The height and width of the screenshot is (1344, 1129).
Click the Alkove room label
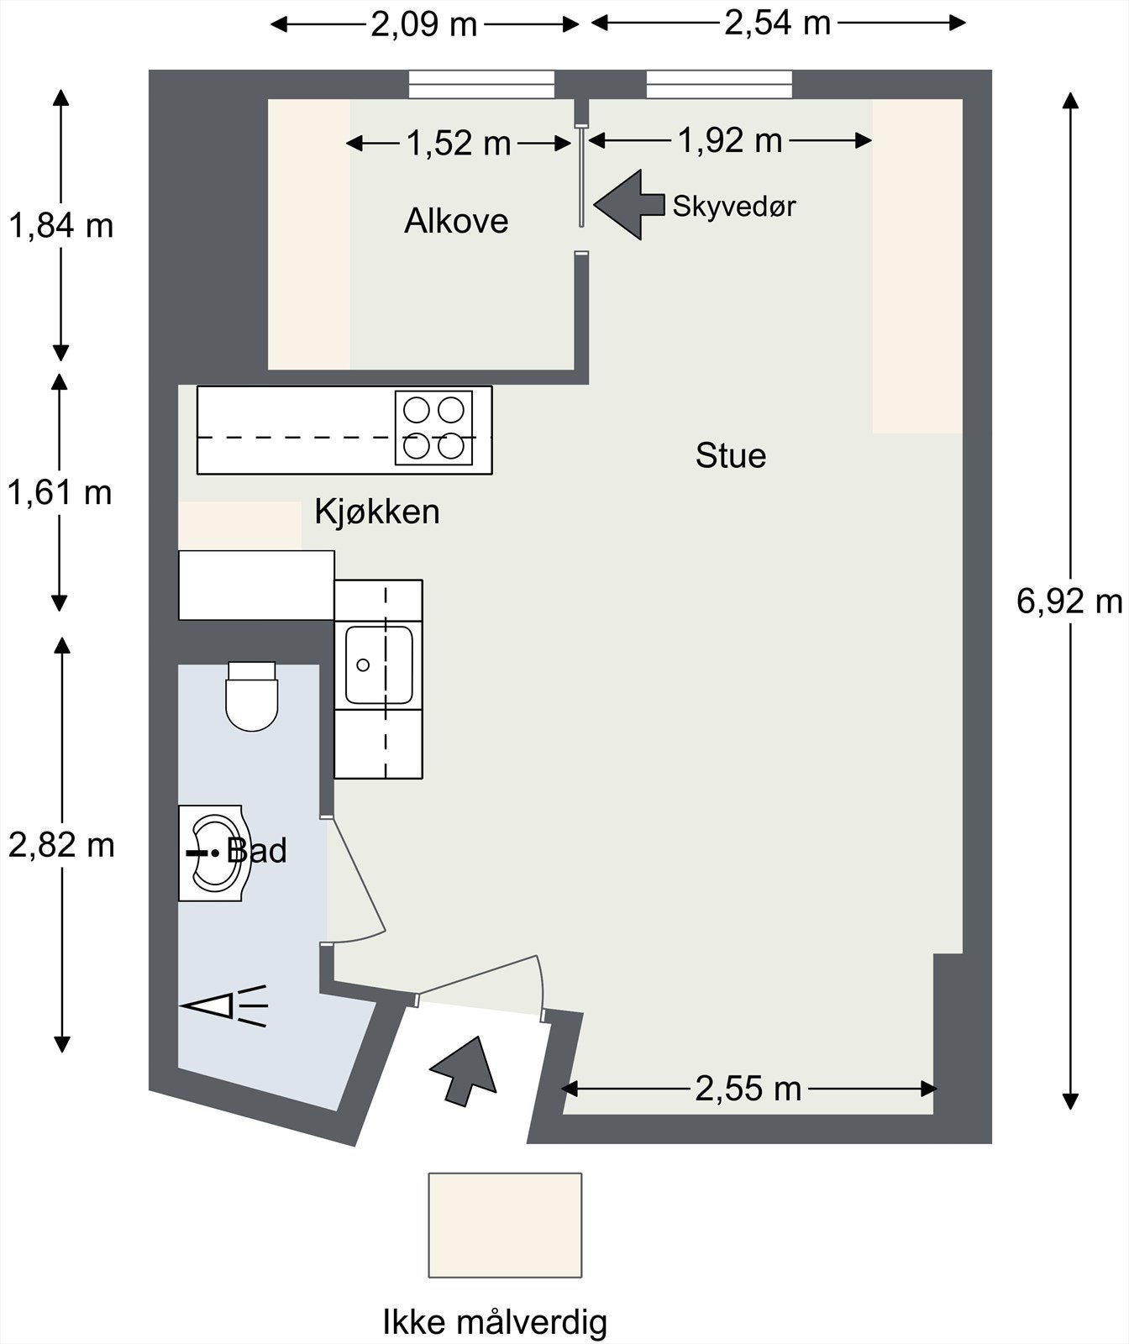(456, 221)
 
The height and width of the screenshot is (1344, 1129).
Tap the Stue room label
(731, 455)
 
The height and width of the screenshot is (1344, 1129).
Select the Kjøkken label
(377, 511)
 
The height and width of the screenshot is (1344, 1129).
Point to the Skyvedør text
(734, 206)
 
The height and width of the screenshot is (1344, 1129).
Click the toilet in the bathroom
(251, 696)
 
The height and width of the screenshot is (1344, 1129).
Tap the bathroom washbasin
(215, 853)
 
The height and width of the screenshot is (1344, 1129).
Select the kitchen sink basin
(379, 664)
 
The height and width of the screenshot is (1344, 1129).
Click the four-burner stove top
(433, 428)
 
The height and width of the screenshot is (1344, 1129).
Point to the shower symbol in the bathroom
(225, 1005)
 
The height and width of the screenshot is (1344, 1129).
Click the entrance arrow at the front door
(463, 1071)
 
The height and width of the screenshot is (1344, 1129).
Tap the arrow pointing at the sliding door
(629, 205)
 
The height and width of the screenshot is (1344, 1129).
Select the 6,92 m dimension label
(1069, 601)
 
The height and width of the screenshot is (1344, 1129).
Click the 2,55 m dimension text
(748, 1089)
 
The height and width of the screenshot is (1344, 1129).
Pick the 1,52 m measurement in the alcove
(459, 143)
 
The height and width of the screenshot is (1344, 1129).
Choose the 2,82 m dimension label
(61, 845)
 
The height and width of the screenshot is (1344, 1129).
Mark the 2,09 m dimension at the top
(424, 24)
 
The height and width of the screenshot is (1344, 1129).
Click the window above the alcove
(482, 85)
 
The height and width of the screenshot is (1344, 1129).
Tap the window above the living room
(719, 85)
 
